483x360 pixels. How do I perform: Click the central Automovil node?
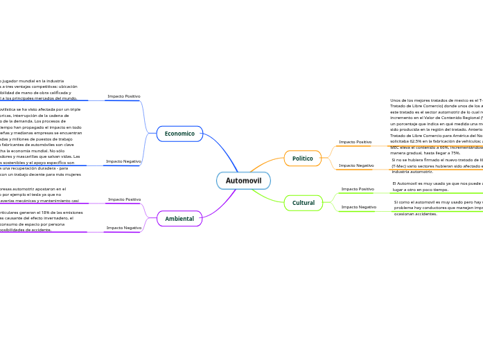[243, 181]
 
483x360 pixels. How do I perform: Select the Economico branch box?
[179, 134]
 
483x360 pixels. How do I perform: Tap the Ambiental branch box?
[179, 219]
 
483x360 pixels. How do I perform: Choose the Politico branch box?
[302, 159]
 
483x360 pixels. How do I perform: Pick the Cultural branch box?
[303, 203]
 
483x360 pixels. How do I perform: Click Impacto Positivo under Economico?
[124, 96]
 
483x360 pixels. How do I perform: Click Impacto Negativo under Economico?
[123, 161]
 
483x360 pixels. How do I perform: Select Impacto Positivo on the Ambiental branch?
[124, 199]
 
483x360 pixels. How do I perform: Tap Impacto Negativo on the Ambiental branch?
[123, 228]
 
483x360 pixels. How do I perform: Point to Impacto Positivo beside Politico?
[355, 142]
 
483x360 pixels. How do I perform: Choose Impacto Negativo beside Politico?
[356, 165]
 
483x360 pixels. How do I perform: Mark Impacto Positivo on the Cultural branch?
[358, 189]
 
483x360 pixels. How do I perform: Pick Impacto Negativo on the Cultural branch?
[359, 207]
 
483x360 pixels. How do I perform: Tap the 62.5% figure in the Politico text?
[414, 141]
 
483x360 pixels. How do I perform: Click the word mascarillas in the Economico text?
[35, 156]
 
